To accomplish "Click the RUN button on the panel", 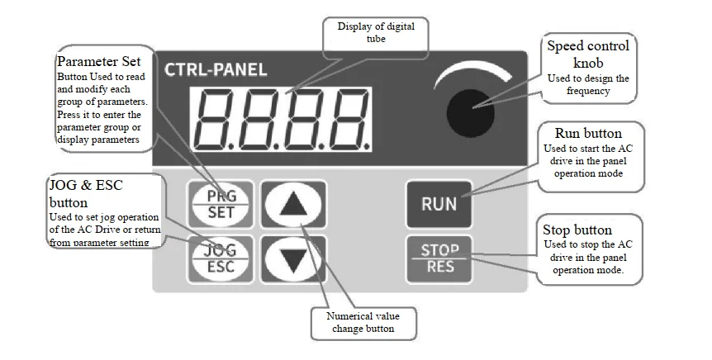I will click(x=439, y=204).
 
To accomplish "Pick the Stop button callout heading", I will click(x=586, y=229).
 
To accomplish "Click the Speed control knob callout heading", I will click(x=588, y=54).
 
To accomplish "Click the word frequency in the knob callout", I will click(x=588, y=91).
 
